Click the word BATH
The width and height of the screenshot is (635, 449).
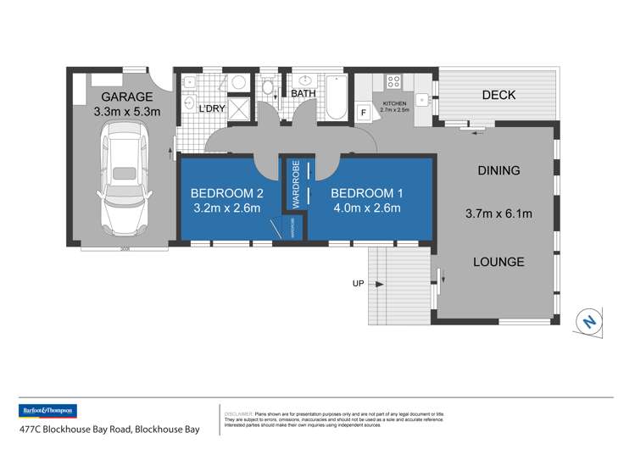pyautogui.click(x=304, y=94)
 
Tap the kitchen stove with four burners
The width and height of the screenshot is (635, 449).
pyautogui.click(x=393, y=82)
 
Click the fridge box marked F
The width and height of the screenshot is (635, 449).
pyautogui.click(x=363, y=111)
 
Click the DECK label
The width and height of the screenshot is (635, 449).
pyautogui.click(x=499, y=95)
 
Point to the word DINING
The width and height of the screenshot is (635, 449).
pyautogui.click(x=499, y=170)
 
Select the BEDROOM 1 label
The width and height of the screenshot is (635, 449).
pyautogui.click(x=366, y=193)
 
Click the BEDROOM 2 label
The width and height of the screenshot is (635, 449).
pyautogui.click(x=227, y=193)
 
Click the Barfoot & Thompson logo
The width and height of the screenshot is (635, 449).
pyautogui.click(x=47, y=411)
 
